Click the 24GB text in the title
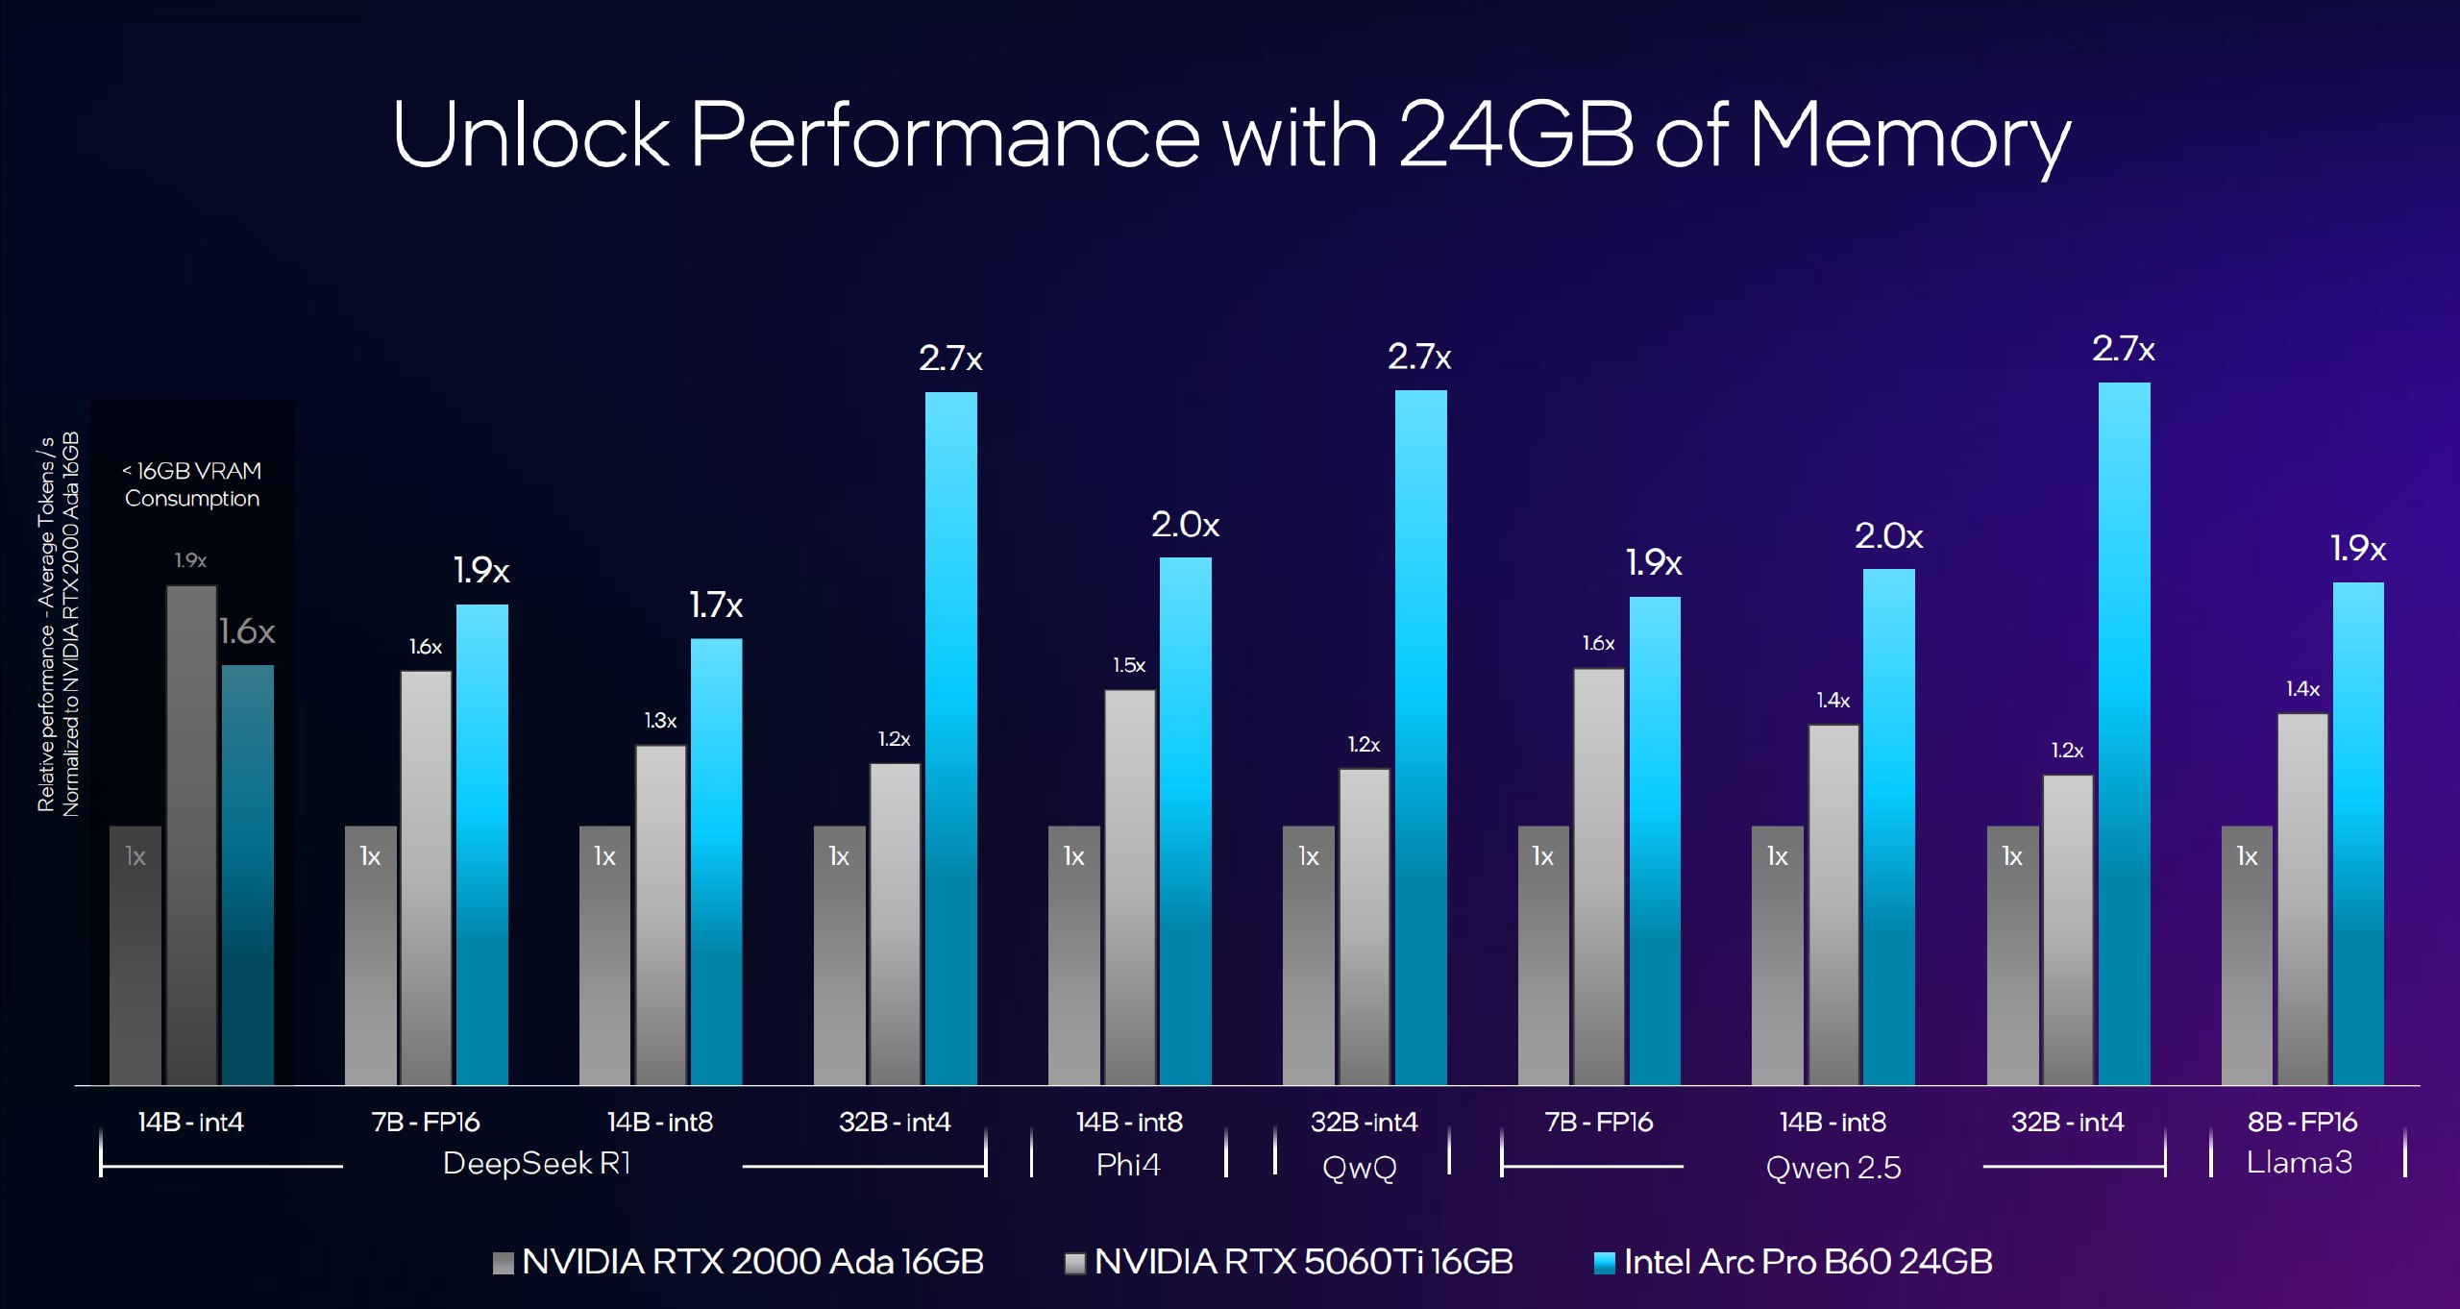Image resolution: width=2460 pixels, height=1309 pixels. coord(1515,135)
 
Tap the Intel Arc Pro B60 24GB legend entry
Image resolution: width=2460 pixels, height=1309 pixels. coord(1793,1262)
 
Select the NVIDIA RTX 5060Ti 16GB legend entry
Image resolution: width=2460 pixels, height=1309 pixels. coord(1290,1262)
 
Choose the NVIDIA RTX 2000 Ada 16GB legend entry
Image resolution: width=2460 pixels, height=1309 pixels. coord(738,1262)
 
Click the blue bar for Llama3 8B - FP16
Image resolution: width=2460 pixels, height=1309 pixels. coord(2358,833)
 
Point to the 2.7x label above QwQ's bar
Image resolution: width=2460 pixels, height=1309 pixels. coord(1419,358)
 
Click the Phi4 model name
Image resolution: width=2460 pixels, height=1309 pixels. coord(1128,1165)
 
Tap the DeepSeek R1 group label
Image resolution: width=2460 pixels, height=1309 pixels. coord(536,1164)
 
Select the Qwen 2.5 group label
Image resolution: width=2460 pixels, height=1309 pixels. coord(1833,1168)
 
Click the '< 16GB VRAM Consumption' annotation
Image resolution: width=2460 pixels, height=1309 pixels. coord(192,484)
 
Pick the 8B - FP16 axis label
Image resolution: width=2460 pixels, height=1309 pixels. coord(2302,1122)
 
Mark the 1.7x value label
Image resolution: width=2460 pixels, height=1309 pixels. coord(716,605)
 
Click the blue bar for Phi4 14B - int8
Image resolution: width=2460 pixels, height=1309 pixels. coord(1185,821)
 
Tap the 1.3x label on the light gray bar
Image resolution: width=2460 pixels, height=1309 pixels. coord(660,721)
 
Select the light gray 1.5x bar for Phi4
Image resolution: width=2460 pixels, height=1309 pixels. coord(1129,887)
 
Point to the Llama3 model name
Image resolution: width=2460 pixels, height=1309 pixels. coord(2300,1163)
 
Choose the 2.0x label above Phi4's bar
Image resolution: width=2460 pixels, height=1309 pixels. coord(1186,525)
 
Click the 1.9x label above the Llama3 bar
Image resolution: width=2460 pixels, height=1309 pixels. coord(2358,549)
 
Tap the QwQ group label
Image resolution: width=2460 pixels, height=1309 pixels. coord(1360,1168)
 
